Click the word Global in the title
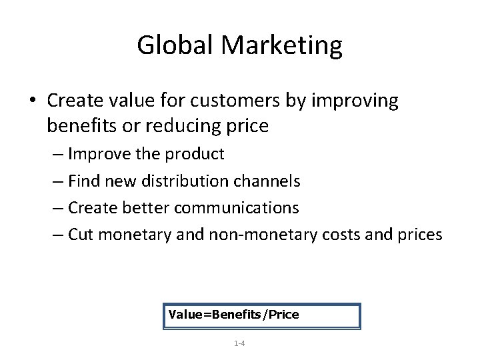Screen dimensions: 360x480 tap(176, 45)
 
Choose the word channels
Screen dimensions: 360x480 tap(272, 181)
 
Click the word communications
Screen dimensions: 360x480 tap(237, 207)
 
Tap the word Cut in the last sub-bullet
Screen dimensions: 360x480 tap(81, 234)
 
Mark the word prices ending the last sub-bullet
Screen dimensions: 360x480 tap(415, 234)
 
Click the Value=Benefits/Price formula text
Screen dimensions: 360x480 tap(234, 314)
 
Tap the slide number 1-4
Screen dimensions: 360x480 tap(239, 343)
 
